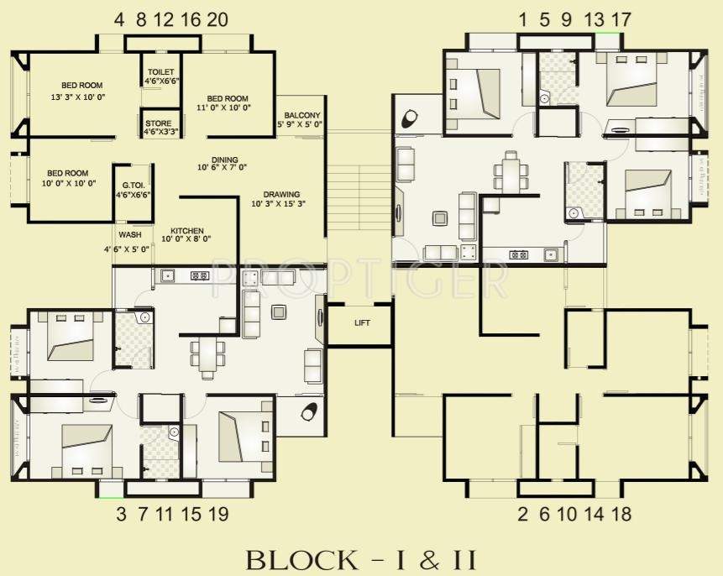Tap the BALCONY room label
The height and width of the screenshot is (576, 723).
(x=301, y=115)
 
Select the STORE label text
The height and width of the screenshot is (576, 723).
(x=158, y=123)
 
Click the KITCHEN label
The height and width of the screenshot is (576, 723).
(x=186, y=229)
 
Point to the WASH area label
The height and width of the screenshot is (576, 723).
(x=129, y=235)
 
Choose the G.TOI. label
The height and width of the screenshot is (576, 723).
(x=133, y=185)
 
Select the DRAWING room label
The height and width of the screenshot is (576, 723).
(x=280, y=193)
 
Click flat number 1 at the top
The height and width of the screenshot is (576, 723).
(x=523, y=19)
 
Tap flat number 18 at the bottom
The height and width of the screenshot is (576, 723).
(x=621, y=514)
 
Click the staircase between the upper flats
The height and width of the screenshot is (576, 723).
(x=359, y=193)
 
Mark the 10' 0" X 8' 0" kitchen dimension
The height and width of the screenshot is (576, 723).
(x=186, y=239)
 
